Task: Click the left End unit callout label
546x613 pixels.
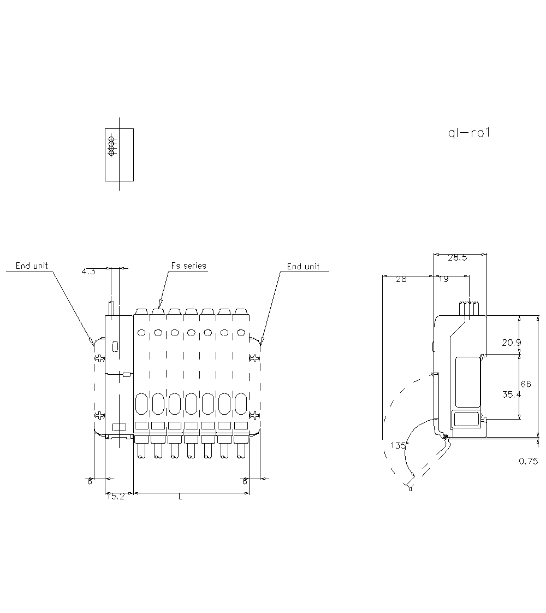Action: (x=32, y=266)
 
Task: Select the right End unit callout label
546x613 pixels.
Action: (x=303, y=267)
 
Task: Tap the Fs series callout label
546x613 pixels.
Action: (x=189, y=266)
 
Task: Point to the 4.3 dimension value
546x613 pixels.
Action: (x=88, y=271)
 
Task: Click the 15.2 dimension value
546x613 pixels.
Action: (x=115, y=497)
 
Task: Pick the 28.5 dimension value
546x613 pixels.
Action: (x=457, y=258)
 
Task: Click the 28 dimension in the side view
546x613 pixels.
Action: (x=401, y=279)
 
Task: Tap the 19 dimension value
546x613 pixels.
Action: (x=444, y=279)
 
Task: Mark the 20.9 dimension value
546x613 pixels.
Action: (x=512, y=343)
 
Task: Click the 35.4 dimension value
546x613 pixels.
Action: (x=512, y=394)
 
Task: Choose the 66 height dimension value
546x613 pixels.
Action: (x=525, y=384)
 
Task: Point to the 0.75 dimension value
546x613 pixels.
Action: (x=528, y=461)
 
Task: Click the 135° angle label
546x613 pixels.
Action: (x=399, y=446)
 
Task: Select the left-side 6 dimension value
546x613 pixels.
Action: (x=90, y=481)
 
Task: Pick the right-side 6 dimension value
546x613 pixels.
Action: (x=245, y=481)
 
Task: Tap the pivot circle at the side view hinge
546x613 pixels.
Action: (x=446, y=437)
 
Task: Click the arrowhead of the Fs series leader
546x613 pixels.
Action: (x=161, y=304)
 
